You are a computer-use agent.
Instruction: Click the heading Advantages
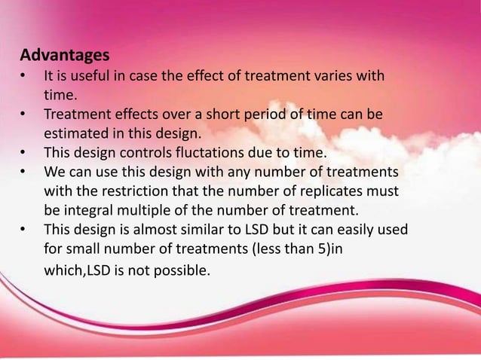64,56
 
